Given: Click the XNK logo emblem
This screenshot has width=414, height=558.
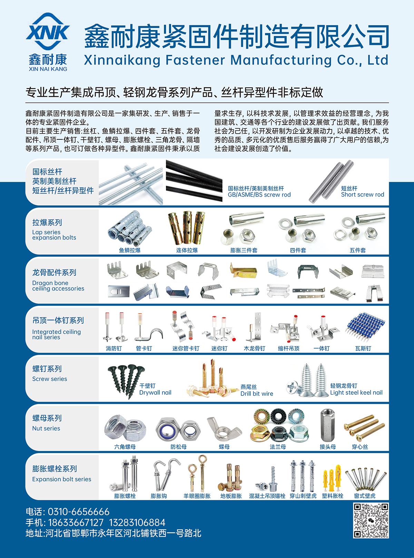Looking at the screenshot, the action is pos(48,31).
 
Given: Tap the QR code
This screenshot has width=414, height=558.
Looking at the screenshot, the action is pos(371,520).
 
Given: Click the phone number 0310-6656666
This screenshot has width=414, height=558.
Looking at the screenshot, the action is pos(79,512).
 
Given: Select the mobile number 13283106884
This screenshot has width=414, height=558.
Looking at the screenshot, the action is pos(137,522).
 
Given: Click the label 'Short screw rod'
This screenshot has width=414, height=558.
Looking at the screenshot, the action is pos(363,195).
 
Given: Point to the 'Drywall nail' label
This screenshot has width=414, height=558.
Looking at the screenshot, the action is pos(155,392).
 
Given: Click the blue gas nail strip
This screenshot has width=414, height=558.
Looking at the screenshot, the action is pos(365,327).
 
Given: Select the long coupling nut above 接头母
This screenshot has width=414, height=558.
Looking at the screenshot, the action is pos(327,426).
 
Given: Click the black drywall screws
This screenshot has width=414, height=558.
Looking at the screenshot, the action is pos(126,381).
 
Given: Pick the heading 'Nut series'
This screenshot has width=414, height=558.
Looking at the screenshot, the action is pos(46,429).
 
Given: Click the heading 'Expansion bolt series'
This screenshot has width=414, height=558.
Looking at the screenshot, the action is pos(62,479).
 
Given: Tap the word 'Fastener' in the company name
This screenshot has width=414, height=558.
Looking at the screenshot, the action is pos(195,60).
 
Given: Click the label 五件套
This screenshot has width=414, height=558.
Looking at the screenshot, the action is pos(357,250).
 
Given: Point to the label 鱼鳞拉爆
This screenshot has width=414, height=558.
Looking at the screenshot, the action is pos(129,250).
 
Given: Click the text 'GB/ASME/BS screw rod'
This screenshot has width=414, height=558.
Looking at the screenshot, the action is pos(259,195).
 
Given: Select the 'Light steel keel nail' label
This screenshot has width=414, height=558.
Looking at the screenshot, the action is pos(356,392).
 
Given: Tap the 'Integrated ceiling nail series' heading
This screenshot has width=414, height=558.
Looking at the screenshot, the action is pos(56,335).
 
